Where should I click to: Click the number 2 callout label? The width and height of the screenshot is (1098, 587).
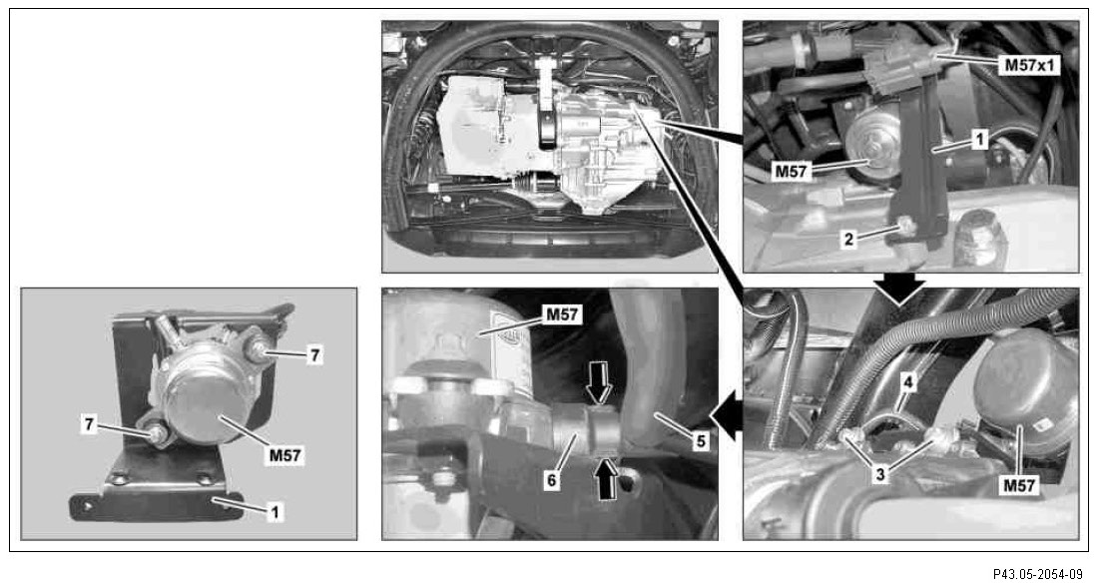(848, 240)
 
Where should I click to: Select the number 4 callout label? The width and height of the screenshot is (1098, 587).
(908, 383)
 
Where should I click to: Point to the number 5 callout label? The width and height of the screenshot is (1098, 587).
(702, 441)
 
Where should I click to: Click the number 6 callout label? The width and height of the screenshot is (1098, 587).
(553, 480)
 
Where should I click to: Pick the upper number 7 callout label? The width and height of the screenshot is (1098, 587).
(315, 355)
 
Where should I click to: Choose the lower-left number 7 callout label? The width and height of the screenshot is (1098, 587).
(89, 424)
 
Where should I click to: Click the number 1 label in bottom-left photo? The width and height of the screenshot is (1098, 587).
(275, 512)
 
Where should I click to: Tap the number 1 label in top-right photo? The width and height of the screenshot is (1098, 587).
(979, 140)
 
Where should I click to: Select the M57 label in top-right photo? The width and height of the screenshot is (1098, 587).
(792, 171)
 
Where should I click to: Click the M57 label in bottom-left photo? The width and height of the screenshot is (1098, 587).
(285, 455)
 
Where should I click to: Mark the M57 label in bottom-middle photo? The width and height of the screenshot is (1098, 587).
(563, 314)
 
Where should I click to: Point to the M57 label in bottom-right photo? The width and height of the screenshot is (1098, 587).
(1019, 485)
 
